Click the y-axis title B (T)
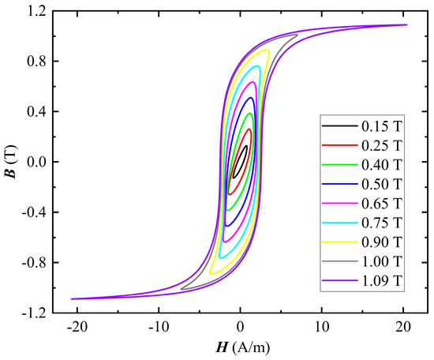point(11,163)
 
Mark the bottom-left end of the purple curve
point(72,298)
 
